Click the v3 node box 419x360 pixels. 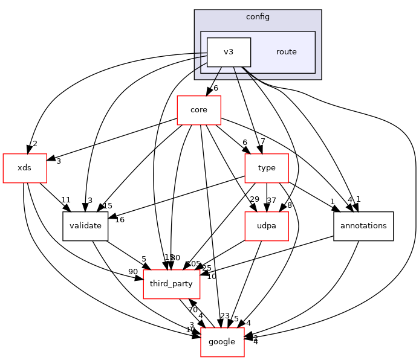pyautogui.click(x=229, y=52)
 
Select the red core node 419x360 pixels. pyautogui.click(x=198, y=110)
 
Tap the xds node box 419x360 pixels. pyautogui.click(x=25, y=168)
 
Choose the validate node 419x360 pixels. pyautogui.click(x=85, y=227)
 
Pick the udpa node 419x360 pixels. pyautogui.click(x=266, y=227)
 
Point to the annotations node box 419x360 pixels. pyautogui.click(x=363, y=227)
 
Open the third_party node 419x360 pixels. pyautogui.click(x=171, y=284)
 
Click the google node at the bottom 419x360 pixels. pyautogui.click(x=222, y=342)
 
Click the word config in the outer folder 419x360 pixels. pyautogui.click(x=258, y=16)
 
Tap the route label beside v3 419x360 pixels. pyautogui.click(x=286, y=52)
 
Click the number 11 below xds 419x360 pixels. pyautogui.click(x=66, y=200)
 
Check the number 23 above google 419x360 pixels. pyautogui.click(x=225, y=315)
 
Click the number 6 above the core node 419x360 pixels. pyautogui.click(x=215, y=88)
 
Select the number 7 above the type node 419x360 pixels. pyautogui.click(x=262, y=142)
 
